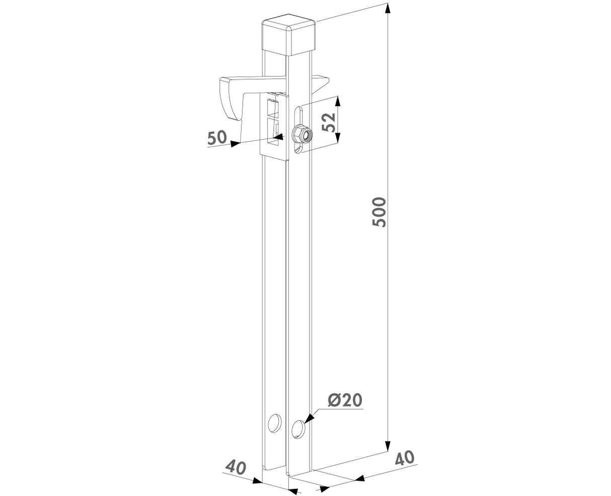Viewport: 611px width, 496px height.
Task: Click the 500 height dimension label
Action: coord(379,212)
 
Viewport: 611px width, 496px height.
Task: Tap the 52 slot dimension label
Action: coord(329,122)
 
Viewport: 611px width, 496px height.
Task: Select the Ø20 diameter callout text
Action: coord(345,400)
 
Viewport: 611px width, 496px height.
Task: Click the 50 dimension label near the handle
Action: coord(217,138)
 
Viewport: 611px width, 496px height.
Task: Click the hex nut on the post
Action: coord(302,134)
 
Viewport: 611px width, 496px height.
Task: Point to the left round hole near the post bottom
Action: coord(274,423)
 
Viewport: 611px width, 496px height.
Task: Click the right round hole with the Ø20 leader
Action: coord(298,429)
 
